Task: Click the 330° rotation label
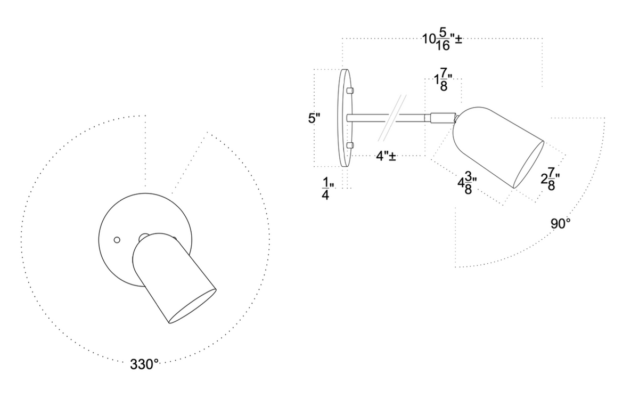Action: (144, 364)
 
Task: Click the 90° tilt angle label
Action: (560, 223)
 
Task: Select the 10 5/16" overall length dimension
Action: (441, 40)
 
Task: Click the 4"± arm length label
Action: (386, 157)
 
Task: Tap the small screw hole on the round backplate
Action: (117, 240)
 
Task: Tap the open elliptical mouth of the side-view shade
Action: (528, 164)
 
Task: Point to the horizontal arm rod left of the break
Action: (367, 117)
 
